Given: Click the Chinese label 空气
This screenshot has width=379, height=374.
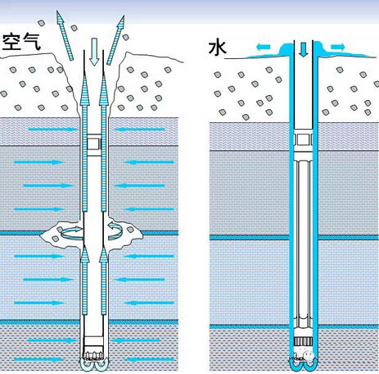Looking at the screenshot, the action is tap(21, 42).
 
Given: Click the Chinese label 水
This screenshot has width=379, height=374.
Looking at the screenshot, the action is tap(217, 48).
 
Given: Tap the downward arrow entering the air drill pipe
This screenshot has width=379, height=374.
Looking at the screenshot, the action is tap(94, 52).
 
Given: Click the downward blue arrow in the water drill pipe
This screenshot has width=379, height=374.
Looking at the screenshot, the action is tap(303, 48).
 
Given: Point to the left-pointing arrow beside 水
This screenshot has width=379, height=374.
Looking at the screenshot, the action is tap(264, 48).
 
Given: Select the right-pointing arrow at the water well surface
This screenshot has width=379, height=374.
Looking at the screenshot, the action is tap(338, 47).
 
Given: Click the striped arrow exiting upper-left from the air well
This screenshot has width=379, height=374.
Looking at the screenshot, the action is tap(65, 35).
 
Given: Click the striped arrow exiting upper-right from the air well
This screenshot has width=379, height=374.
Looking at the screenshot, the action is tap(115, 40).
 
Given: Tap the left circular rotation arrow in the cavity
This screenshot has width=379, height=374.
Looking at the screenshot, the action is tap(71, 232).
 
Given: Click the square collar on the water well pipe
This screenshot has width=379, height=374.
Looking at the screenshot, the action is tap(303, 139).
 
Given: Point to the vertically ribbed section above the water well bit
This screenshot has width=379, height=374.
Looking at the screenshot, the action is tap(303, 341).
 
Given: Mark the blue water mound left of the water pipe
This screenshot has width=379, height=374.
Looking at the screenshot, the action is tap(287, 50).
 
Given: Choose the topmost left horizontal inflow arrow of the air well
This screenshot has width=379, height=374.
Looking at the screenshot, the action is tap(52, 130).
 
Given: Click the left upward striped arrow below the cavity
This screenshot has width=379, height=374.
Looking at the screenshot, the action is tap(84, 280).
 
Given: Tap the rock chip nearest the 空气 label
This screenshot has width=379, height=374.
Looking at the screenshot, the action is tap(41, 23).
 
